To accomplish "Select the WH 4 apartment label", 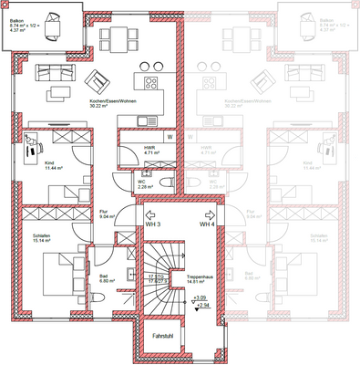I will coord(207,224).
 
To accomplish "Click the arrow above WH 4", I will coord(207,212).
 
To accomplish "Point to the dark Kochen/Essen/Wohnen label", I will coord(109,103).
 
